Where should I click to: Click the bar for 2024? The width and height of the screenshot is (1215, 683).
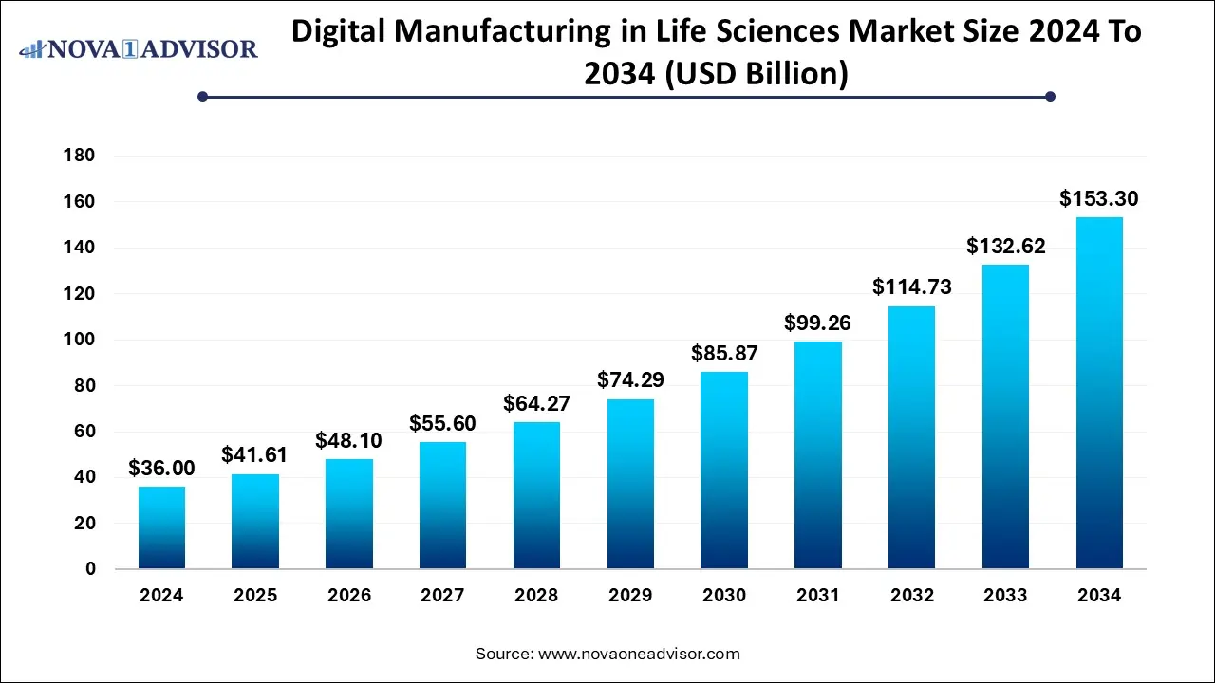161,527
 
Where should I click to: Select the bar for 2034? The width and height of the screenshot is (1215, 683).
1099,393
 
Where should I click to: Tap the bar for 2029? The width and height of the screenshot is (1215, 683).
630,484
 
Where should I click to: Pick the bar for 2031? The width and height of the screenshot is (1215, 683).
817,455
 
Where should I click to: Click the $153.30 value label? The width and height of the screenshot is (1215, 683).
1099,199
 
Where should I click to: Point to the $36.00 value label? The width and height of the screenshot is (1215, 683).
161,468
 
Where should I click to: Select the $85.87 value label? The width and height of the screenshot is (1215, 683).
724,354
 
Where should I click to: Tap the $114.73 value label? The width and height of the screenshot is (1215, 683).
911,287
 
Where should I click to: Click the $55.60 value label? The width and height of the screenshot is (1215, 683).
442,423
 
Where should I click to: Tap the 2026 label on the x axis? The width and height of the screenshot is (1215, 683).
349,596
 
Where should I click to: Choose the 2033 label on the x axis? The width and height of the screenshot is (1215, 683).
1005,596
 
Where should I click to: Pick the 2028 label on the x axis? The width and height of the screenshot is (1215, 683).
536,596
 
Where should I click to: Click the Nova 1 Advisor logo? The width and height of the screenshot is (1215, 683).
139,48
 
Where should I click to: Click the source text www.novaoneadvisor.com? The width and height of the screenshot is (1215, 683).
639,654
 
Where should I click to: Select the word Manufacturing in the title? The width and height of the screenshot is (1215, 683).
520,31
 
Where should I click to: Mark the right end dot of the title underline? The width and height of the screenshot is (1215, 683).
1050,96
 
